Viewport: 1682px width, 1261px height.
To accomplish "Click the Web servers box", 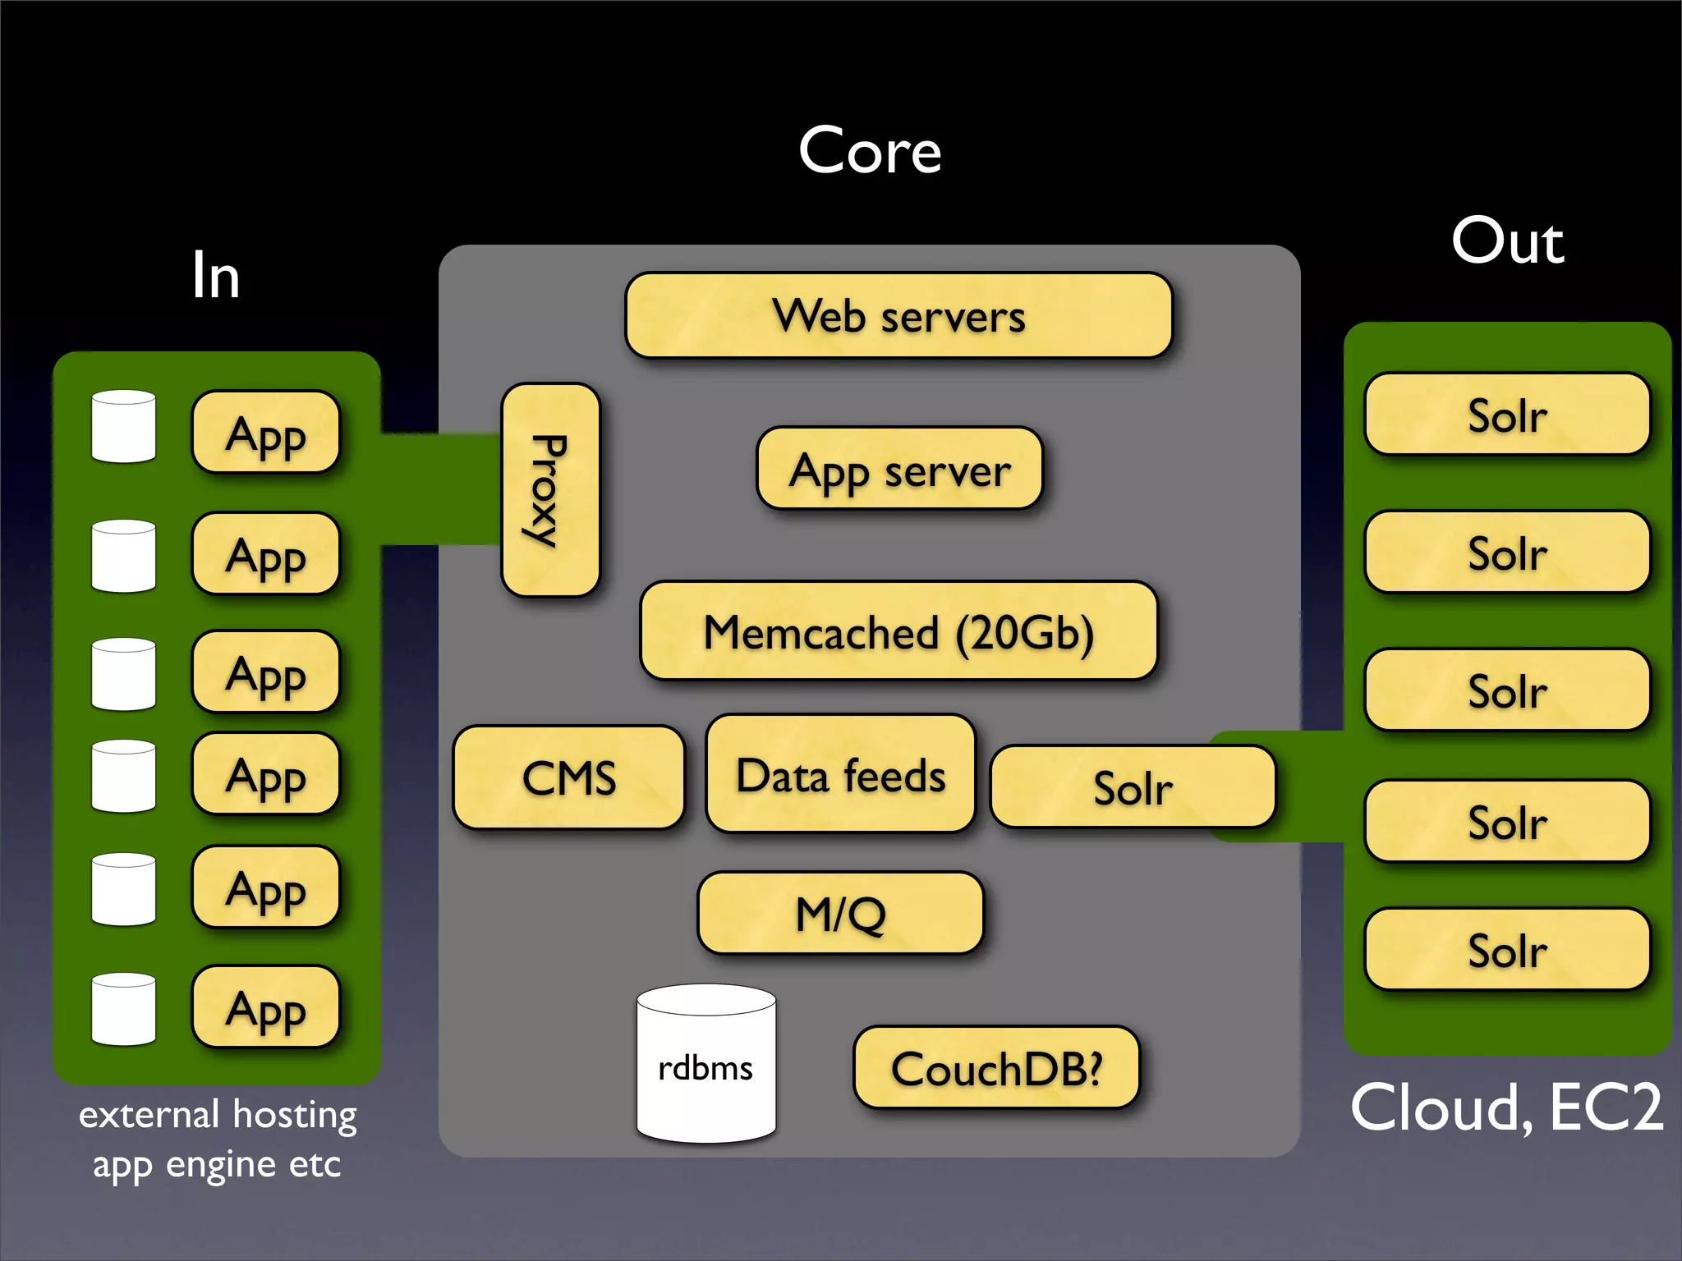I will pyautogui.click(x=898, y=316).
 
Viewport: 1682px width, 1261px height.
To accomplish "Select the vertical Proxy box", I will pyautogui.click(x=550, y=490).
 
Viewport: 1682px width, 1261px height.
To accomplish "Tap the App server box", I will pyautogui.click(x=899, y=469).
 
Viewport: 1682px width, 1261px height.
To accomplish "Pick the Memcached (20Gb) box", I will pyautogui.click(x=898, y=631).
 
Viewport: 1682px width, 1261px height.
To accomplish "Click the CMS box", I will pyautogui.click(x=568, y=777).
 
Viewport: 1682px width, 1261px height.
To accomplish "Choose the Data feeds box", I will pyautogui.click(x=840, y=774).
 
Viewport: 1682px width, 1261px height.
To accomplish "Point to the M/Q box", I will pyautogui.click(x=840, y=913).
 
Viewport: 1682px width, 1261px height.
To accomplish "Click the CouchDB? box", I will pyautogui.click(x=996, y=1067).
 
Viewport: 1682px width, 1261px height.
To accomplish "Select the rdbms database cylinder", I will pyautogui.click(x=706, y=1064).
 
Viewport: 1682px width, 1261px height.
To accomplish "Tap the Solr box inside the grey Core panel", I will pyautogui.click(x=1133, y=786).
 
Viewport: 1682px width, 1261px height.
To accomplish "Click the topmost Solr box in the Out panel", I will pyautogui.click(x=1507, y=415).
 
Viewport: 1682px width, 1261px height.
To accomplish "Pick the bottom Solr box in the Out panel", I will pyautogui.click(x=1507, y=950).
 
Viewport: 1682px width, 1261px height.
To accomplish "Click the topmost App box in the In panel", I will pyautogui.click(x=265, y=433).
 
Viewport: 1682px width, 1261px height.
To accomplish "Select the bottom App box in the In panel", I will pyautogui.click(x=265, y=1007).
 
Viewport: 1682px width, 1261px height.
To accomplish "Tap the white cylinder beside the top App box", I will pyautogui.click(x=124, y=427).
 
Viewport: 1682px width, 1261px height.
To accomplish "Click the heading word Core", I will pyautogui.click(x=870, y=151).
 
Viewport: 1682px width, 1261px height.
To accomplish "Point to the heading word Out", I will pyautogui.click(x=1507, y=241).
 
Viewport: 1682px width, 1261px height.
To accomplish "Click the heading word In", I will pyautogui.click(x=215, y=276).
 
